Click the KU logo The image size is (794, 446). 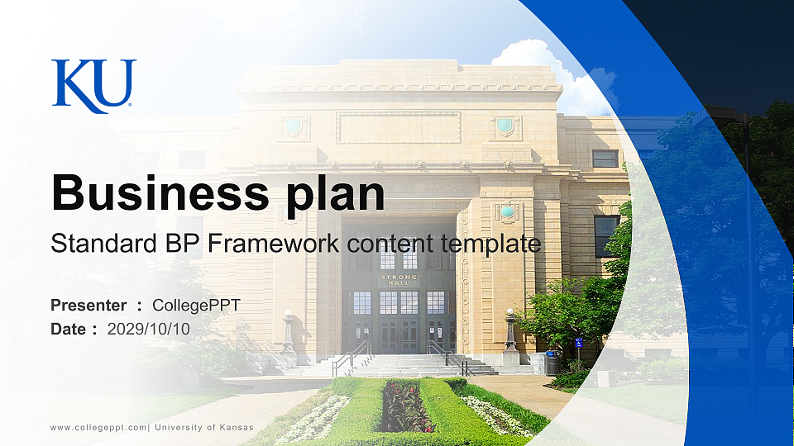coord(93,85)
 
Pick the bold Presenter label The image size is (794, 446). coord(88,306)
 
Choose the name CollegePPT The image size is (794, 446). coord(196,306)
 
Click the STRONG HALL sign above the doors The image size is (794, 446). coord(399,280)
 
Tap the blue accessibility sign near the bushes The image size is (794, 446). coord(578,343)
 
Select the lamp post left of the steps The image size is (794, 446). coord(288,332)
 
